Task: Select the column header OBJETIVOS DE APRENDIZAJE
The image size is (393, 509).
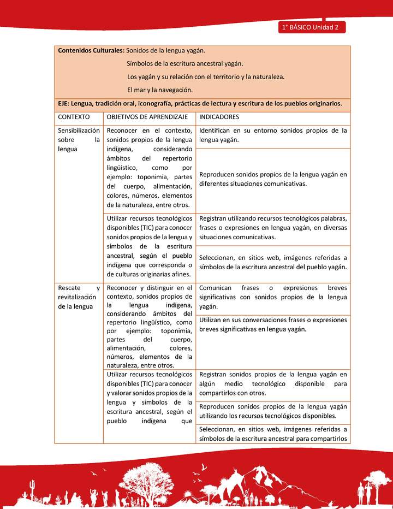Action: point(147,117)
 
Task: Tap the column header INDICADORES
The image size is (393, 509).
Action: point(219,117)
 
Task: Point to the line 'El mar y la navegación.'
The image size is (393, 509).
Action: point(160,90)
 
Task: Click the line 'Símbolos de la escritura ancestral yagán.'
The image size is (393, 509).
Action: point(185,64)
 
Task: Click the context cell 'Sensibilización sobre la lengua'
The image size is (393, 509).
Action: point(79,139)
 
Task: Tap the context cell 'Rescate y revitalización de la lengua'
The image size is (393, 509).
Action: point(79,297)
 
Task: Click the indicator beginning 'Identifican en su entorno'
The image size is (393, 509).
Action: point(273,135)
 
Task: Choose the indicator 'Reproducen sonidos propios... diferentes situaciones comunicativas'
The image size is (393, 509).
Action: point(273,179)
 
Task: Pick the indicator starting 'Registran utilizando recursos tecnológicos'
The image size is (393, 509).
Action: point(273,228)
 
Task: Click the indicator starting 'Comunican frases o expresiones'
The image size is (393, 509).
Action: point(273,297)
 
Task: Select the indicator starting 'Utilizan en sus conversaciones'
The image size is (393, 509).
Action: point(273,324)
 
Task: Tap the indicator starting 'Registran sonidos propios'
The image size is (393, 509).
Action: point(273,383)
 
